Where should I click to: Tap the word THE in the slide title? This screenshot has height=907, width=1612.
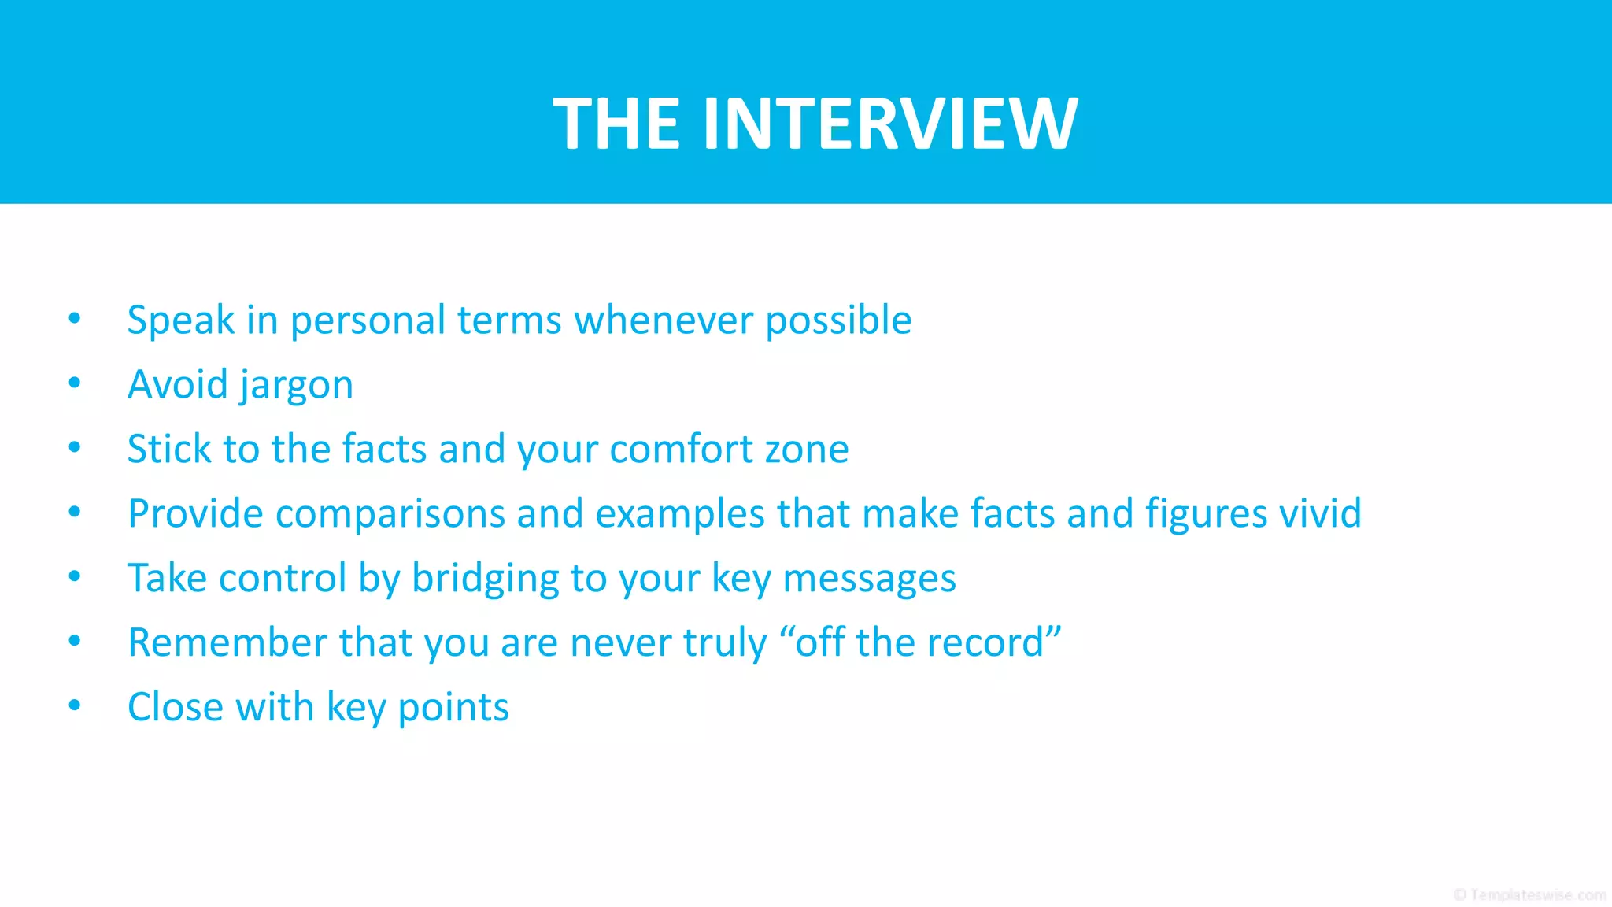point(616,124)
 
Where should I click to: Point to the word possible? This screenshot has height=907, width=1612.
point(838,320)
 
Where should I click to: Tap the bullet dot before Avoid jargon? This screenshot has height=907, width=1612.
point(75,383)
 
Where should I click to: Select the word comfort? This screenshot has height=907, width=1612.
point(681,450)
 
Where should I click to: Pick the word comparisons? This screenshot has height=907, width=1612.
point(390,514)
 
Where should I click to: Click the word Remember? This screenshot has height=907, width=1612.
point(227,642)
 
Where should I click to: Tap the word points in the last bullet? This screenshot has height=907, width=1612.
point(453,709)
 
